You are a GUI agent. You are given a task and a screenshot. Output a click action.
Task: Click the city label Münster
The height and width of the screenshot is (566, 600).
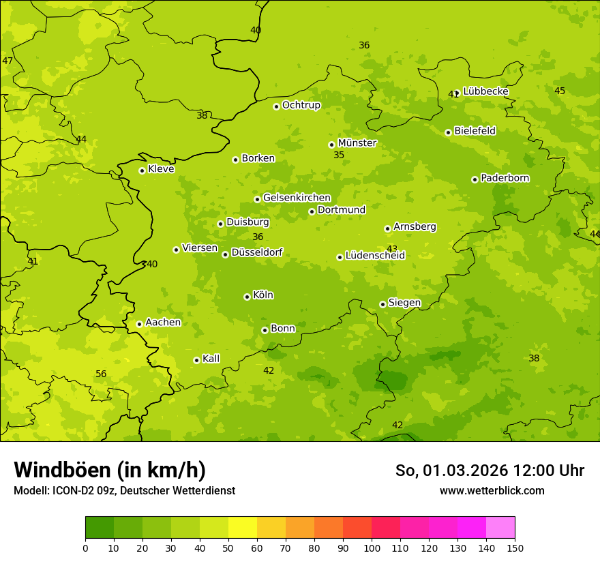pos(357,143)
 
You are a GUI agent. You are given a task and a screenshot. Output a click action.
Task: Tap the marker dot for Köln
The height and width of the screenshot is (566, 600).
pos(247,297)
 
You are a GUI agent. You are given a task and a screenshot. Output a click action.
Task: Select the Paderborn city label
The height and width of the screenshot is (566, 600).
pos(505,178)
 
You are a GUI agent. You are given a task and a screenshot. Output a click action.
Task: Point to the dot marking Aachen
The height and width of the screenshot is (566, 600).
pos(139,324)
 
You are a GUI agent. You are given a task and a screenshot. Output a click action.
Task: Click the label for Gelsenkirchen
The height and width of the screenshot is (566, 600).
pos(297,198)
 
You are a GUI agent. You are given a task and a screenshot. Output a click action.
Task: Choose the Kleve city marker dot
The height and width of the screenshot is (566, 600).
pos(142,170)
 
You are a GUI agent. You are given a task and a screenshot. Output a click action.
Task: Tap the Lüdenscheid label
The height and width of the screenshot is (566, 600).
pos(375,256)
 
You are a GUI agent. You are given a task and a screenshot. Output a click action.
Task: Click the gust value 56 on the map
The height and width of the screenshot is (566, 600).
pos(101,374)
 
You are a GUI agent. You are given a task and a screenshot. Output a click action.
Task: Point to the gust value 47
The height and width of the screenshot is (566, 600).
pos(7,61)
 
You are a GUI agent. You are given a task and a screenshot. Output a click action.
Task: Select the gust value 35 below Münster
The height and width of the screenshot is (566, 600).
pos(339,155)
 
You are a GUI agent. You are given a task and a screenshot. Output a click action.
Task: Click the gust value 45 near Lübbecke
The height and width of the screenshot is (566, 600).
pos(560,91)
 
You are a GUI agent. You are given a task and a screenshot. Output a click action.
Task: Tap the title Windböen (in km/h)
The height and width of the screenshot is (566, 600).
pos(110,470)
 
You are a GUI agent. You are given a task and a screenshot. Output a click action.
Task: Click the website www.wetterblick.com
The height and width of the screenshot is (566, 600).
pos(492,490)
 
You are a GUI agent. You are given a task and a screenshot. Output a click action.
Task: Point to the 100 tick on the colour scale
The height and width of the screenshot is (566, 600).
pos(372,548)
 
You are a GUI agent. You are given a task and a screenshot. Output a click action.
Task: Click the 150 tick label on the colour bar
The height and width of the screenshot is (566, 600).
pos(515,548)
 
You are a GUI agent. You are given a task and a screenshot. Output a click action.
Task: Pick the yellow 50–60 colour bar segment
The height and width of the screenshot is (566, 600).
pos(243,528)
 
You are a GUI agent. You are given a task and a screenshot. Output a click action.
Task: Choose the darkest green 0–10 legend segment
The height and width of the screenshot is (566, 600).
pos(100,528)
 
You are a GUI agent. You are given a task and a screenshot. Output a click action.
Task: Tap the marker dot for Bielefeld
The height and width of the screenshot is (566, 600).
pos(448,132)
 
